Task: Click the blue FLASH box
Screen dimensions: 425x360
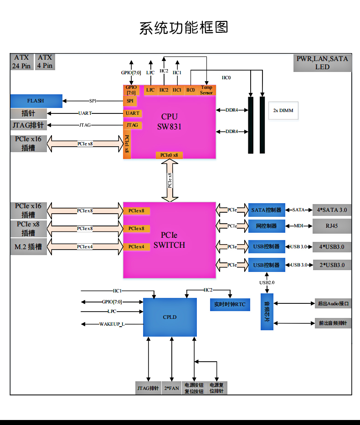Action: pos(36,101)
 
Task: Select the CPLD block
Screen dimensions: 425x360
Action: pos(170,317)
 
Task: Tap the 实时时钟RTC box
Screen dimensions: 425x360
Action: pos(230,304)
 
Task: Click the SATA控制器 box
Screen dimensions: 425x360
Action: pos(266,210)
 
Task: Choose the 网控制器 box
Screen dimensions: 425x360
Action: pos(266,226)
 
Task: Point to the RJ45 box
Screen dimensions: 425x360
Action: pos(332,226)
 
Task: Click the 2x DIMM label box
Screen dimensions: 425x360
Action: pos(283,110)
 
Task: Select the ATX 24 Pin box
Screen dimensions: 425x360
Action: pos(21,61)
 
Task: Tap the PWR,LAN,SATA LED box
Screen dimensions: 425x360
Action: pos(322,63)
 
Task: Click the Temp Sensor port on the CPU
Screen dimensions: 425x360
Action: pos(206,90)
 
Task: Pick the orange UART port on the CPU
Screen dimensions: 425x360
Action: pos(133,113)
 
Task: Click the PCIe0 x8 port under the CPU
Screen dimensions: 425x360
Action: pos(170,155)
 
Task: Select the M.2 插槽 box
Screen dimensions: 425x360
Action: pos(28,247)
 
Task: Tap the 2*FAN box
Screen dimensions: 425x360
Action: pos(171,388)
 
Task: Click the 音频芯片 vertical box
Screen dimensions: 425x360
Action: pos(267,312)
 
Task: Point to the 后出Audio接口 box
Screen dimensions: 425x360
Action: pos(333,303)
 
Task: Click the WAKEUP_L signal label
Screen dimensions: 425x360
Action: pos(112,324)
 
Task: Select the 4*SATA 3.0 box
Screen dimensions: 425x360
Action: pos(332,210)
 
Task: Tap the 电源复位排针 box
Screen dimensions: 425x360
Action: pos(216,388)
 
